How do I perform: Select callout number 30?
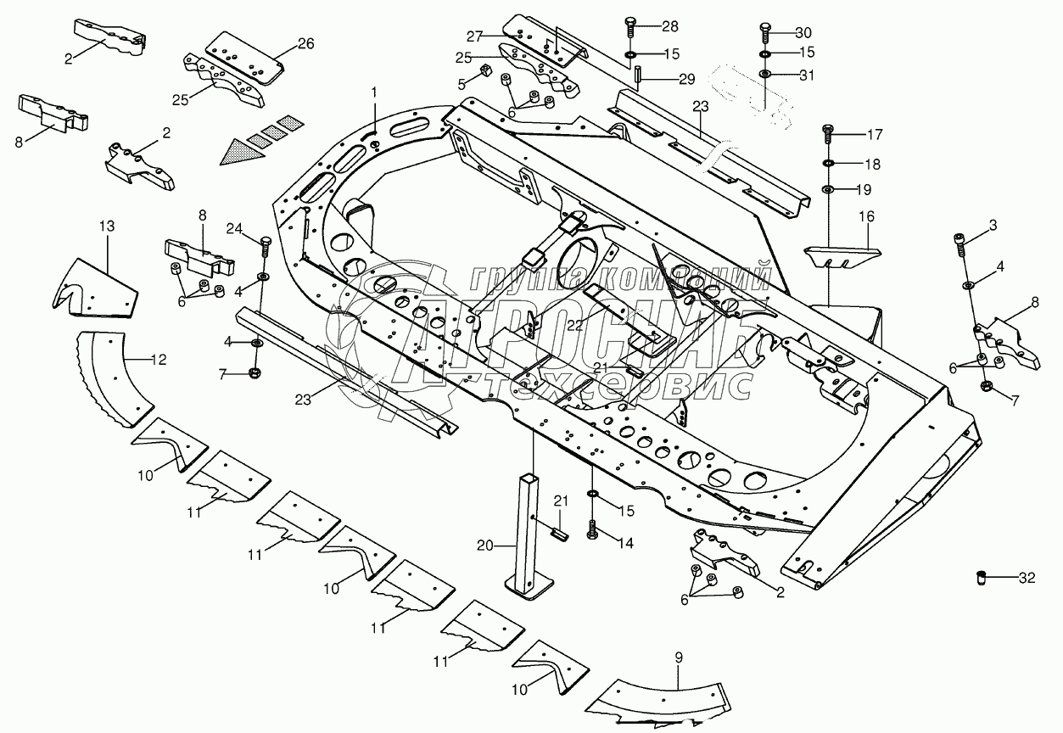tap(803, 33)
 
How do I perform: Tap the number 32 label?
tap(1027, 579)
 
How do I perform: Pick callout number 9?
tap(678, 656)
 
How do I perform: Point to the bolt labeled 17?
tap(828, 134)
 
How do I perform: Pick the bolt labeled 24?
tap(264, 246)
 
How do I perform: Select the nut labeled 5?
tap(487, 70)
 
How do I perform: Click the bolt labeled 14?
tap(592, 529)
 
